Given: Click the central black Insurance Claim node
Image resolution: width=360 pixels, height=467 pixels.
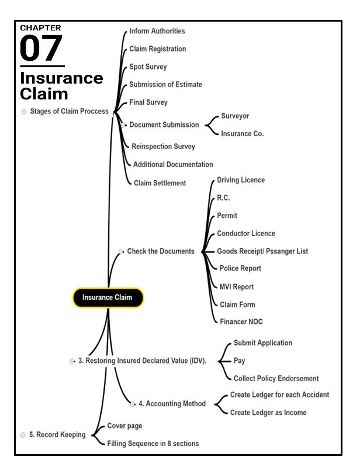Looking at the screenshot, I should [x=108, y=298].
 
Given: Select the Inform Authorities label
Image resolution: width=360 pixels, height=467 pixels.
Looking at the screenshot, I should [x=157, y=31].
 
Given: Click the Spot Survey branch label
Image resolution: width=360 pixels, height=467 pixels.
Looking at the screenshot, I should [x=148, y=67].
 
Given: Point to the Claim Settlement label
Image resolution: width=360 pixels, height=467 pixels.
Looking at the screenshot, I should [x=160, y=183].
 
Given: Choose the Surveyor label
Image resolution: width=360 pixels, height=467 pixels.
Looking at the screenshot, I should [x=235, y=116].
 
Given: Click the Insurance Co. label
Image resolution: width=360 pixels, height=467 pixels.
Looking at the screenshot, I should [x=242, y=134].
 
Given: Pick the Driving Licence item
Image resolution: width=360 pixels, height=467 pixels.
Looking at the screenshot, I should [x=241, y=180].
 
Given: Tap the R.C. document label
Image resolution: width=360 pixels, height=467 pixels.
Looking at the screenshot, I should [x=223, y=198].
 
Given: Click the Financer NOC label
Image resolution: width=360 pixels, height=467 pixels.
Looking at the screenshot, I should [x=241, y=321].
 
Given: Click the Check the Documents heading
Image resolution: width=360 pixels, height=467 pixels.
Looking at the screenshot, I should [x=160, y=251].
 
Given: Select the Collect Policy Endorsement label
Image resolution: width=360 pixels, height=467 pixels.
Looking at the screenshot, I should [x=276, y=378].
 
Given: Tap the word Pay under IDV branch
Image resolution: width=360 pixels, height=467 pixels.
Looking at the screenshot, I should [x=239, y=361].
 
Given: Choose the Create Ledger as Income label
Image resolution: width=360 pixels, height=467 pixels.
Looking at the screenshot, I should [x=268, y=413].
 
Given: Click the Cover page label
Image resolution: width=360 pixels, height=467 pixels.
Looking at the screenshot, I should [x=124, y=426].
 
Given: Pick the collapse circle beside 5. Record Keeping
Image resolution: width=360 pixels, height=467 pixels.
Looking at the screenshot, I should [x=23, y=435].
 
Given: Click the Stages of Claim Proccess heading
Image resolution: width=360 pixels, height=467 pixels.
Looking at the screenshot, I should [x=69, y=111].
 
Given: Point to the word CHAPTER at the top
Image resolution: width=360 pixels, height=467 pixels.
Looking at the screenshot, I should [x=40, y=27].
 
